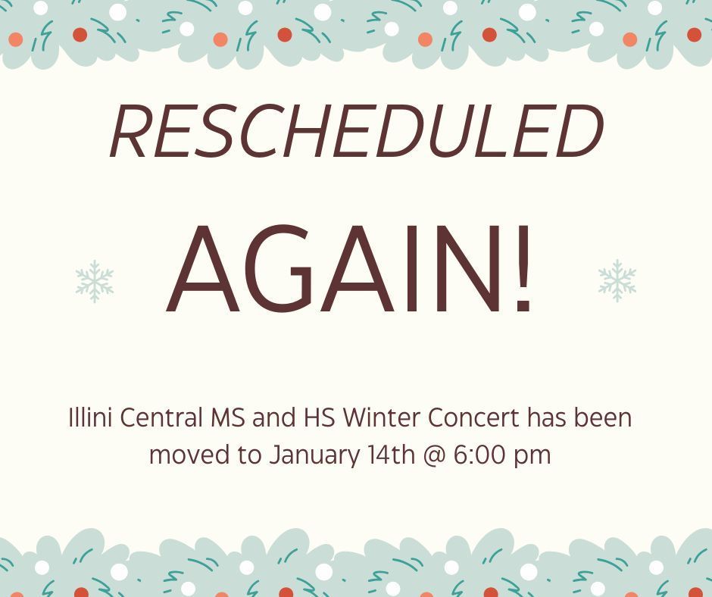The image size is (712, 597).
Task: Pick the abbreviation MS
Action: point(227,418)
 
